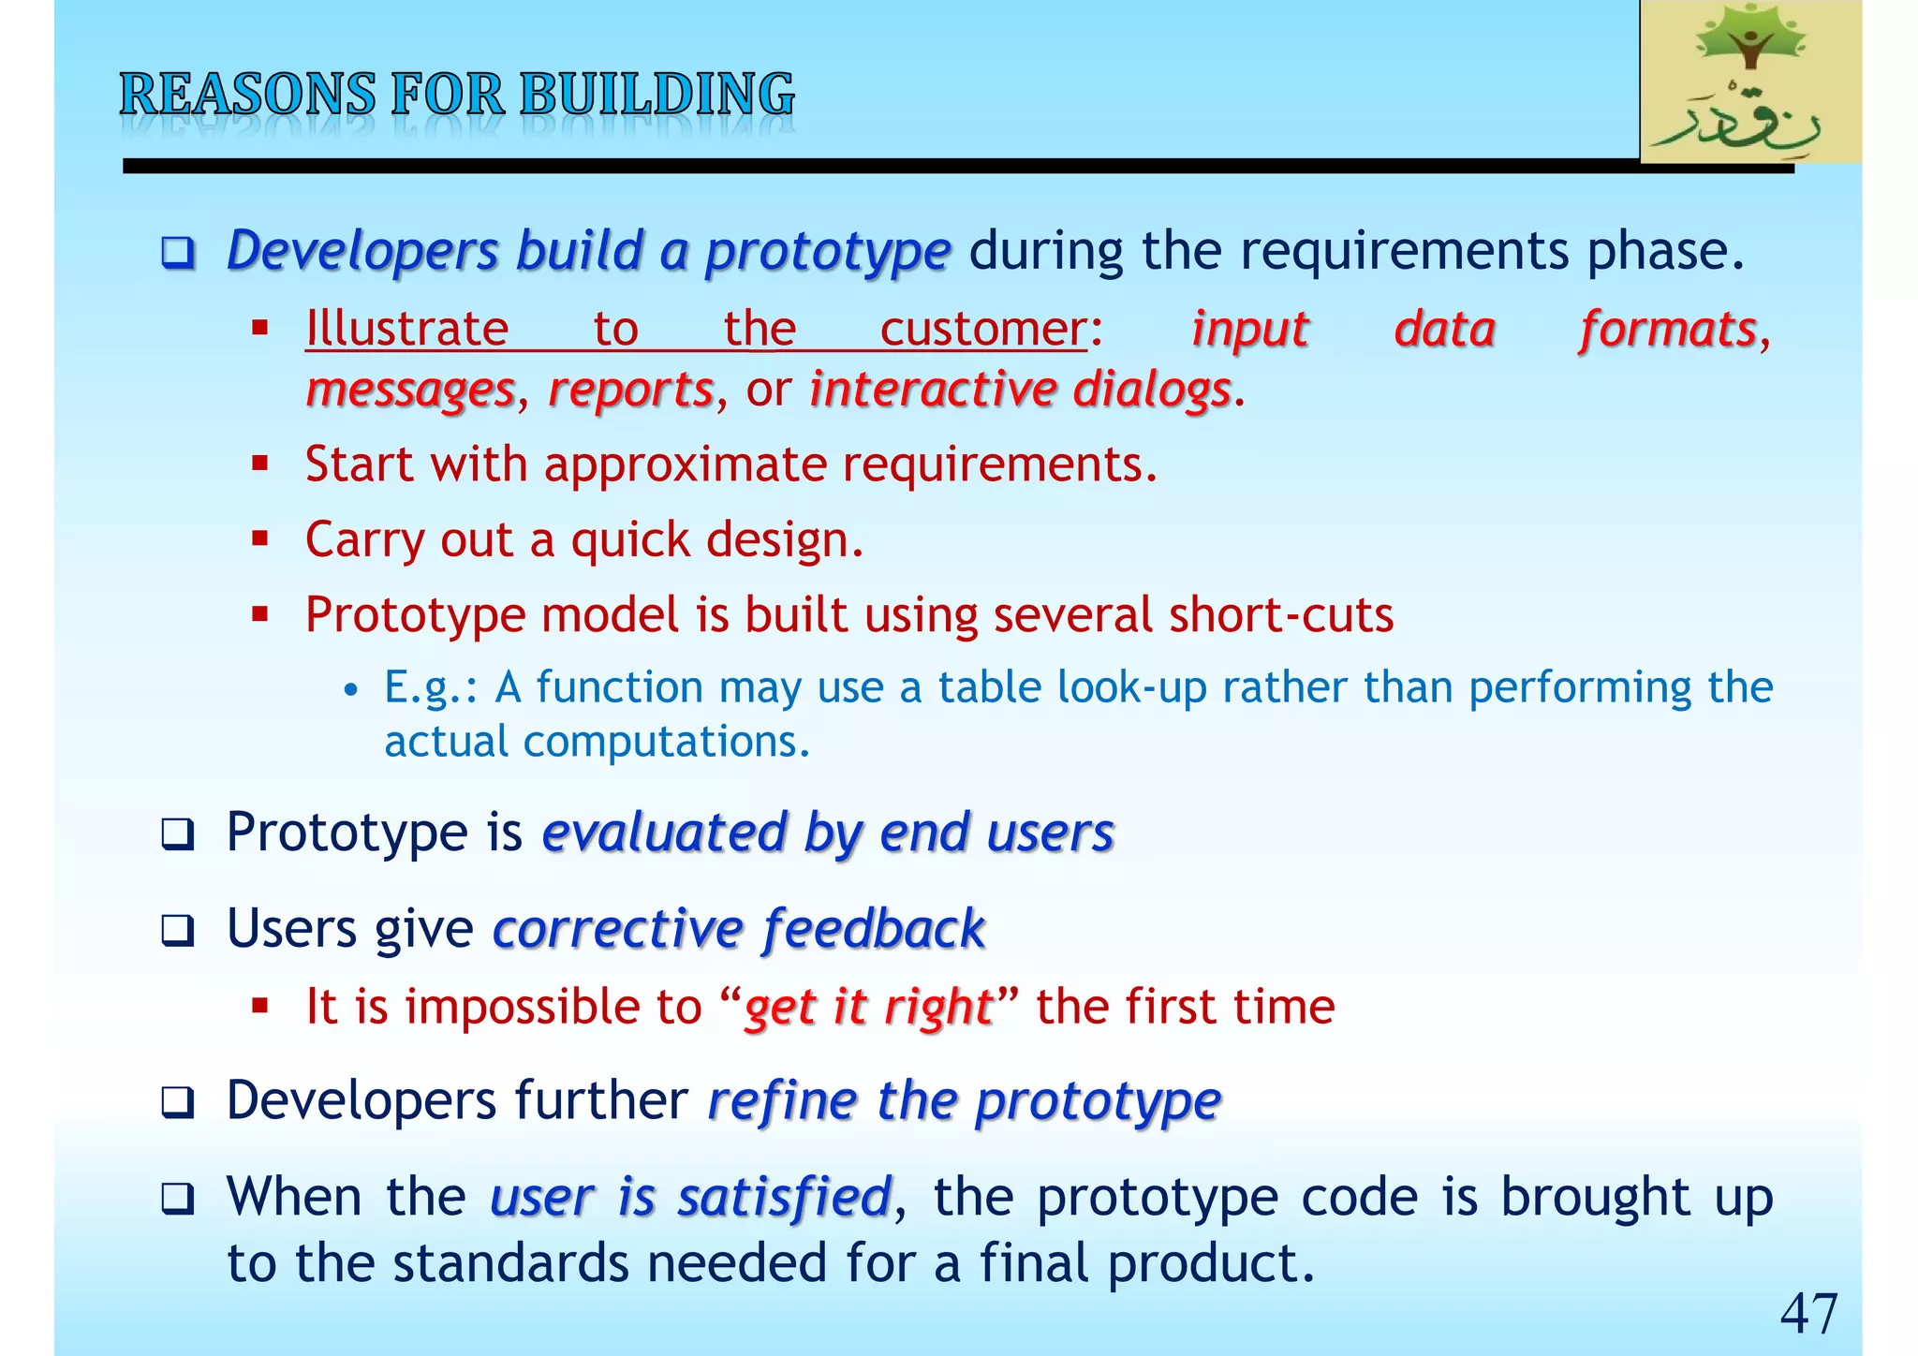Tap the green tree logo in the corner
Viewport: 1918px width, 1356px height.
point(1749,82)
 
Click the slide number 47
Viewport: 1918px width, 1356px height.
point(1808,1313)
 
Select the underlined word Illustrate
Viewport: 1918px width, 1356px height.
point(406,330)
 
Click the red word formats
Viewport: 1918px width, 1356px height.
point(1667,330)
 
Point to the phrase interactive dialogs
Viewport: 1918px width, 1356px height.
point(1019,390)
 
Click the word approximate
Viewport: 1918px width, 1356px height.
point(686,464)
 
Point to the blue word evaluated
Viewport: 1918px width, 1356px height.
point(664,833)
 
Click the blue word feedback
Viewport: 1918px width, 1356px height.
point(873,929)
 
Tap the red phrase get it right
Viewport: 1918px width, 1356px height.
point(867,1008)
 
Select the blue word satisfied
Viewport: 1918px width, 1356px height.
point(784,1198)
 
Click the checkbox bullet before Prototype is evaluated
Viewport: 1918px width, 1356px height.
point(177,833)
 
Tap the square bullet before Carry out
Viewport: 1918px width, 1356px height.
point(260,538)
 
